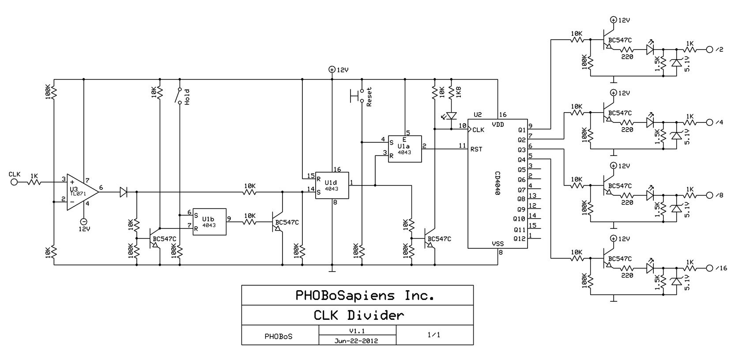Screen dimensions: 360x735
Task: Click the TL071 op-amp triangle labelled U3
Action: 81,192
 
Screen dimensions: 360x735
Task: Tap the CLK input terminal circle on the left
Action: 14,182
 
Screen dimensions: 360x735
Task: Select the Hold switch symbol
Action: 180,96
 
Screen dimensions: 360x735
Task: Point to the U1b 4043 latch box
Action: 209,222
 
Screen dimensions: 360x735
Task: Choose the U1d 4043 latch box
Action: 332,186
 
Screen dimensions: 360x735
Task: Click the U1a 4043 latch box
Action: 404,149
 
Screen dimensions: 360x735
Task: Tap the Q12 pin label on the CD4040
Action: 520,239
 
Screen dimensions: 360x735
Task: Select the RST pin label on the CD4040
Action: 476,149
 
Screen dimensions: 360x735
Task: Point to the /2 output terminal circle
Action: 709,49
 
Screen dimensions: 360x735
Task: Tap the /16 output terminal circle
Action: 709,268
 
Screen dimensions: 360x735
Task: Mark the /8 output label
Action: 720,195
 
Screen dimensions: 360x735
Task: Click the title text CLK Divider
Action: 358,315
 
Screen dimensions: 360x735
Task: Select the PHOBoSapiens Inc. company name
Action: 365,296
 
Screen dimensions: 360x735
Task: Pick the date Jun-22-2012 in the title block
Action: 356,341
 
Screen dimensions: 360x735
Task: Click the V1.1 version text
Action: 357,331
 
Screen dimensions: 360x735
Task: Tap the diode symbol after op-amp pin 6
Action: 123,192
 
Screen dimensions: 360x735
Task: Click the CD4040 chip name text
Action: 498,183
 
